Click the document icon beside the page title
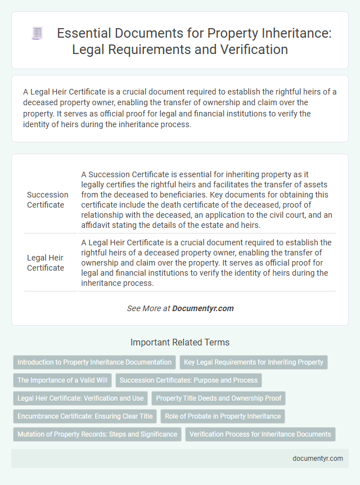click(x=37, y=33)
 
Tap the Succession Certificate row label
click(x=48, y=200)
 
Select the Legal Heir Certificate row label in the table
click(x=46, y=263)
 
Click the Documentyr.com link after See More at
click(x=203, y=308)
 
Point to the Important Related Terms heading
click(x=180, y=342)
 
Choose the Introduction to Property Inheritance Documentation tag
click(x=94, y=362)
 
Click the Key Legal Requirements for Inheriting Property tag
click(x=254, y=362)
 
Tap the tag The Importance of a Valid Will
click(x=62, y=380)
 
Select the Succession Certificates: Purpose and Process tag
click(x=188, y=380)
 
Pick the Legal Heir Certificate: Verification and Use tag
click(x=80, y=398)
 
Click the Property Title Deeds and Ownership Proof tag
click(x=218, y=398)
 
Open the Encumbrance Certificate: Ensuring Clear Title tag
click(x=85, y=416)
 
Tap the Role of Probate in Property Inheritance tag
click(x=223, y=416)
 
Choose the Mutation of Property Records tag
click(x=97, y=434)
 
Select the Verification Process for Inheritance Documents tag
click(x=260, y=434)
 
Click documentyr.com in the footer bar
click(x=318, y=458)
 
